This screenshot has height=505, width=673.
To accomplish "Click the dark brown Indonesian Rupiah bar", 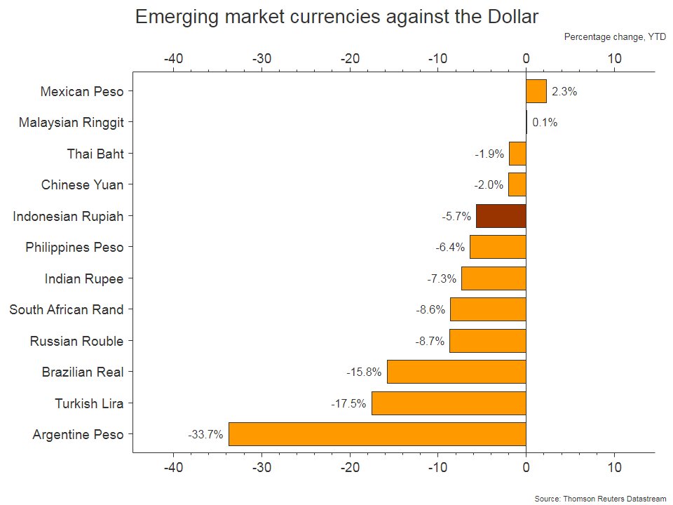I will pos(501,216).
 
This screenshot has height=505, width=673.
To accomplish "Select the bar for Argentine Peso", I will pos(377,434).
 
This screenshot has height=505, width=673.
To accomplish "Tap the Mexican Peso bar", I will pos(536,91).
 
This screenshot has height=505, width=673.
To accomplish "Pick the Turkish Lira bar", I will pos(449,403).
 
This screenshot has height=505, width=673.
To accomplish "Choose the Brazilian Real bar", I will pos(456,372).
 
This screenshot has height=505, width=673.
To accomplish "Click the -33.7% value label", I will pos(205,435).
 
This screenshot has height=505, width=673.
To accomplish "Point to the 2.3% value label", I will pos(564,91).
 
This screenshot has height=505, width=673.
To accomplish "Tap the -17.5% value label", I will pos(348,404).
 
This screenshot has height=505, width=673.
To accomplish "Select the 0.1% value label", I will pos(545,123).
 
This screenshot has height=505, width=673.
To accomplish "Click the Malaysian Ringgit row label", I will pos(72,123).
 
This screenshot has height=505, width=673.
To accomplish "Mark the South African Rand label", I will pos(67,309).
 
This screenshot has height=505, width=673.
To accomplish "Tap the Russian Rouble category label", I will pos(76,341).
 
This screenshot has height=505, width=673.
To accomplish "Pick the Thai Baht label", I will pos(95,154).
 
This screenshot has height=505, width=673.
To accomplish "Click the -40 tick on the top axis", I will pos(173,59).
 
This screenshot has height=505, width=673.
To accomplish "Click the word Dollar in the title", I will pos(508,18).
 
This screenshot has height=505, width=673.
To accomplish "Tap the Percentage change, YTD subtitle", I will pos(615,37).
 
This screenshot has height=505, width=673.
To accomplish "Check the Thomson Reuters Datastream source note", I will pos(599,498).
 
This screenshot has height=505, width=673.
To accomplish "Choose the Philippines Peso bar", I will pos(498,247).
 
